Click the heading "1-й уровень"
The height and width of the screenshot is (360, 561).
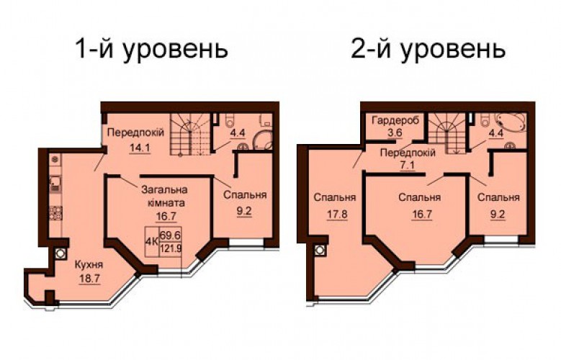point(152,49)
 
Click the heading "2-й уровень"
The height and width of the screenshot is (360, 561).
point(428,49)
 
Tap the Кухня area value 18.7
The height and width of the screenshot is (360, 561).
point(89,278)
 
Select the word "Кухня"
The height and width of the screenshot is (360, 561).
point(89,265)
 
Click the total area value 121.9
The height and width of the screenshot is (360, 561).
point(171,248)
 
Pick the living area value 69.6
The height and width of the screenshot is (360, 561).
point(170,235)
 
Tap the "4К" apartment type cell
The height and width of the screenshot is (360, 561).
point(152,241)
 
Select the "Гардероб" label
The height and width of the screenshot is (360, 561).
point(395,120)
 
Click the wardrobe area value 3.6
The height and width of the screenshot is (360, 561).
point(395,132)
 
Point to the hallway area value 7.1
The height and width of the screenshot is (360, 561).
point(408,166)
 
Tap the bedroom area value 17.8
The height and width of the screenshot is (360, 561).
point(337,215)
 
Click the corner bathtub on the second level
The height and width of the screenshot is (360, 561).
point(511,123)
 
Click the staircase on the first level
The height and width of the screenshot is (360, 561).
point(189,135)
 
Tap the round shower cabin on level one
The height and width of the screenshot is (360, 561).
point(264,140)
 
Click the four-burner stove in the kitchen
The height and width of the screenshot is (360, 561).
point(55,212)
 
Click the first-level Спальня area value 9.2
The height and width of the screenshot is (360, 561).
point(244,211)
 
